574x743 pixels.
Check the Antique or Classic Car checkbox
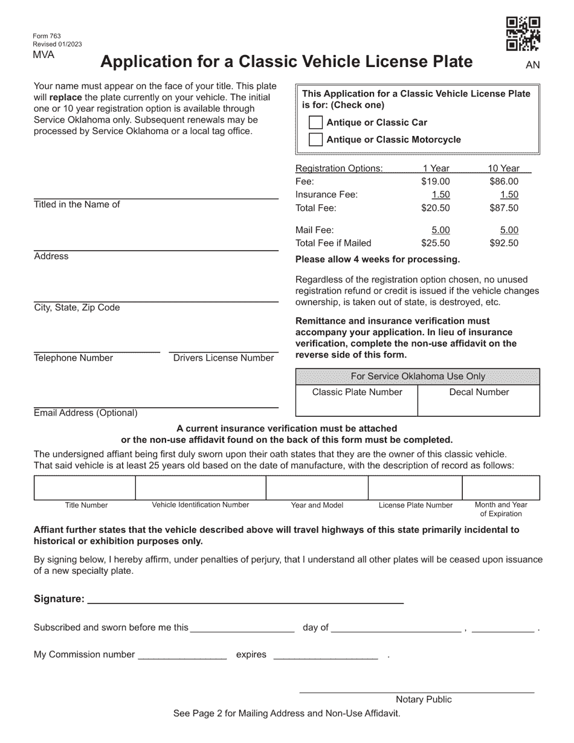coord(315,123)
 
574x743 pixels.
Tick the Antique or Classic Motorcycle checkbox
coord(315,140)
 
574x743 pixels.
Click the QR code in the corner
coord(523,34)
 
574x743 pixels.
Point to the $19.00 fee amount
coord(435,181)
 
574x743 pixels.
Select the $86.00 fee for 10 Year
coord(503,181)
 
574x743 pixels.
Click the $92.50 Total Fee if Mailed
coord(503,243)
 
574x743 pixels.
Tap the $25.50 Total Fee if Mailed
coord(435,243)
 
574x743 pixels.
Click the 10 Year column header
coord(503,169)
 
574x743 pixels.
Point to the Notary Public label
coord(424,700)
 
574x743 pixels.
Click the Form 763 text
coord(47,36)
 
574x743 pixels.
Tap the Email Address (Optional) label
coord(86,413)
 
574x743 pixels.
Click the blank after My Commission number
coord(182,654)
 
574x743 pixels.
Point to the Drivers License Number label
coord(224,358)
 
